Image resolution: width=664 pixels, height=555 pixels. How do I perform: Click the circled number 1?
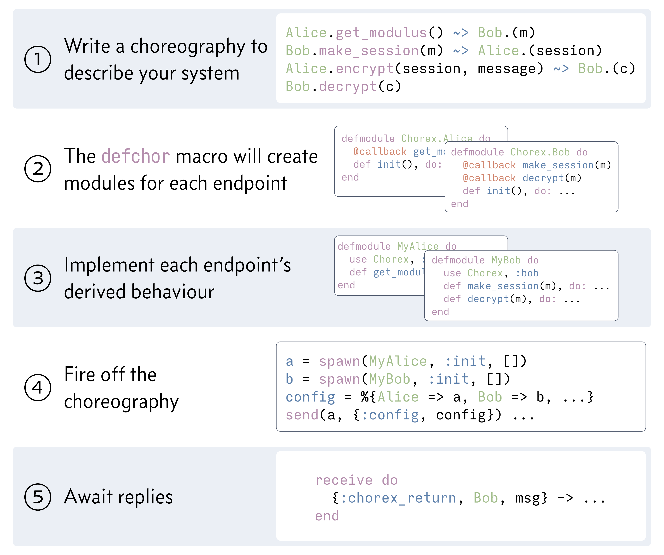click(x=38, y=59)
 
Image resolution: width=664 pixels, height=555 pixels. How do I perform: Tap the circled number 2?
click(x=38, y=169)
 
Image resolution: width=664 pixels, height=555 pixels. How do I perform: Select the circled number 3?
click(x=38, y=278)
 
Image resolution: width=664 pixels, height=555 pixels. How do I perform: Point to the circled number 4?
click(x=38, y=388)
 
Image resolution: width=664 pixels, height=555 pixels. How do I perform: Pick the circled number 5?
click(x=38, y=497)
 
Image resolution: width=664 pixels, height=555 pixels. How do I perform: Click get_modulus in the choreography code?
click(x=381, y=33)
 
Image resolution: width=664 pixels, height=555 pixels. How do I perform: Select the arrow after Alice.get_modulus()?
click(x=460, y=33)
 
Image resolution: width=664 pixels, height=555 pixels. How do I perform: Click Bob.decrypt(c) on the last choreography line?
click(x=343, y=87)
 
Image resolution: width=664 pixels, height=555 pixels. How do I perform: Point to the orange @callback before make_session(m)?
click(x=489, y=165)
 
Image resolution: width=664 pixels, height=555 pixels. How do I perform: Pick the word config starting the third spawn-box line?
click(x=310, y=397)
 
